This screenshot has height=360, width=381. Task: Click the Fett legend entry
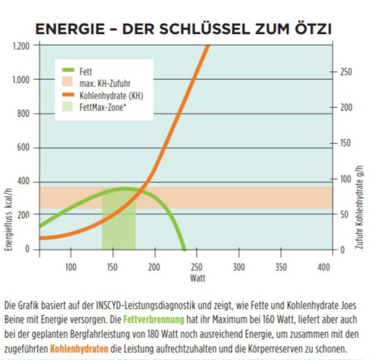pos(85,71)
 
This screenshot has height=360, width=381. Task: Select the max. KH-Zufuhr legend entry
pos(104,83)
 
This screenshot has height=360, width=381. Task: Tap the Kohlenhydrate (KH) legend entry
pos(110,95)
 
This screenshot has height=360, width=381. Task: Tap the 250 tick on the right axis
pos(347,72)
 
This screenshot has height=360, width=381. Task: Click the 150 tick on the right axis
pos(347,143)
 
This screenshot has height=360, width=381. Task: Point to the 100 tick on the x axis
pos(70,267)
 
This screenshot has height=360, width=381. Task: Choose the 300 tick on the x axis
pos(239,267)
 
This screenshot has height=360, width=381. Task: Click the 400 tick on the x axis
pos(323,267)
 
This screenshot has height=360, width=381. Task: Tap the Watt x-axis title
pos(197,278)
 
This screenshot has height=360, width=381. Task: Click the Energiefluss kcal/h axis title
pos(9,219)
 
